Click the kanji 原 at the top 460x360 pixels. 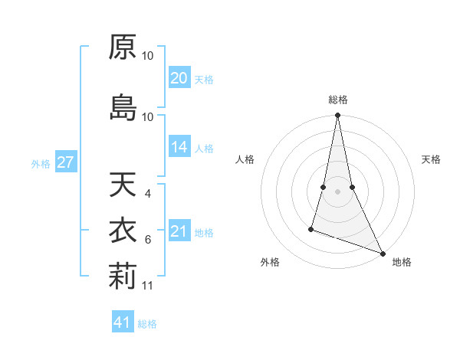coord(122,47)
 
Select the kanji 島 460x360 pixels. coord(122,107)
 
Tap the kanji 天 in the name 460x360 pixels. coord(122,185)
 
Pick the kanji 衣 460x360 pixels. coord(122,231)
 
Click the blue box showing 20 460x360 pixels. coord(179,77)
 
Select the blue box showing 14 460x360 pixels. coord(179,147)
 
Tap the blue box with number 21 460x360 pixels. coord(179,231)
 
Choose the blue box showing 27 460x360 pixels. coord(66,162)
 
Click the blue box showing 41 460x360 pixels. coord(123,322)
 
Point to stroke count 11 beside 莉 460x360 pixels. coord(148,286)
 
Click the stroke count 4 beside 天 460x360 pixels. coord(148,193)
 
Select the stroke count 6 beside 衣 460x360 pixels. coord(148,240)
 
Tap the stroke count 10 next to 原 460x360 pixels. coord(148,55)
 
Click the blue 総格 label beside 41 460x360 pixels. coord(147,324)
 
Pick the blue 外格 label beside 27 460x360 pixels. coord(41,163)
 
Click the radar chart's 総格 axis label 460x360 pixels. coord(338,100)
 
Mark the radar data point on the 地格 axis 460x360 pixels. coord(382,253)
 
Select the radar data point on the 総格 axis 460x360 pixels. coord(338,116)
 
